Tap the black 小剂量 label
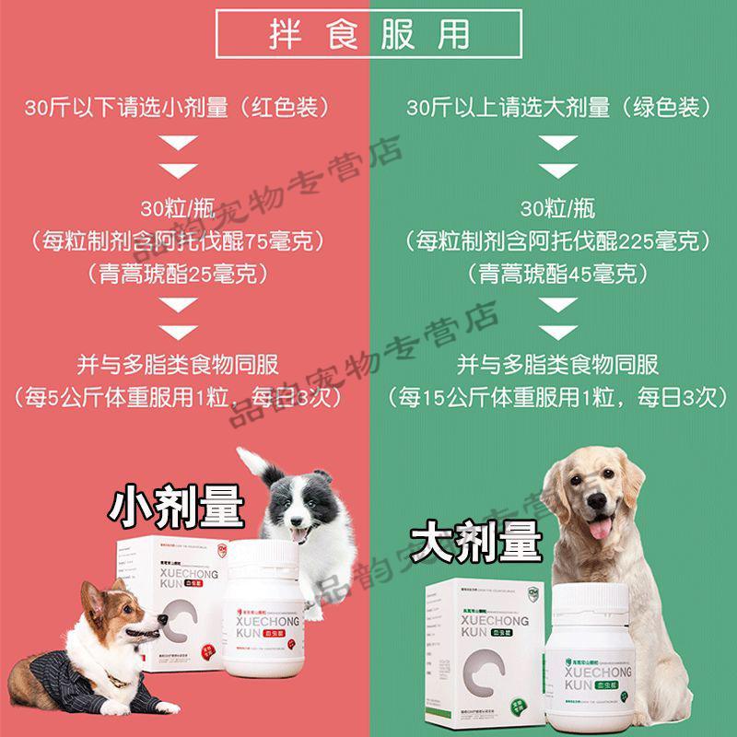coord(176,506)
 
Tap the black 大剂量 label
coord(476,544)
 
